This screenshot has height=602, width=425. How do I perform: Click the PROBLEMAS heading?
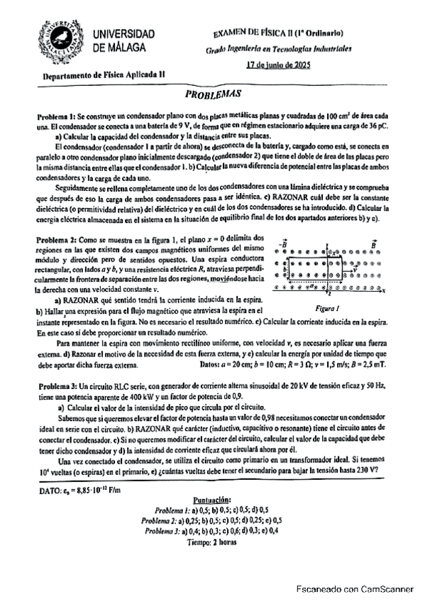click(x=211, y=93)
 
